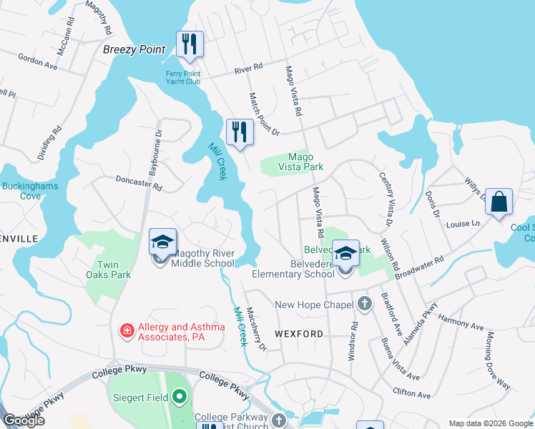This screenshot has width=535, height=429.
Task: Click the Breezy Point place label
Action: [134, 49]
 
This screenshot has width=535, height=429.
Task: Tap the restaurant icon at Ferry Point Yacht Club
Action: [190, 44]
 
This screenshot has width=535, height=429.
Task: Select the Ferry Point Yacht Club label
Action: [182, 77]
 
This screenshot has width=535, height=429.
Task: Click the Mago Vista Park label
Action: [305, 162]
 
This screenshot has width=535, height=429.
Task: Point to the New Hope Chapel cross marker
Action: [365, 305]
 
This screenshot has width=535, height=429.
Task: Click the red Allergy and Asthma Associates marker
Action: [127, 330]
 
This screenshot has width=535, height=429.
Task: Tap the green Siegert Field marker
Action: [179, 396]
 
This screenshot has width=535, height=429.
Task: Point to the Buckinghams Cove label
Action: [21, 191]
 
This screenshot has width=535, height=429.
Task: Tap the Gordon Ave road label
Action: [37, 61]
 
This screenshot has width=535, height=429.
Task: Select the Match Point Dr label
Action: [263, 114]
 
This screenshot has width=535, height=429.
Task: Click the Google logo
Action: [23, 420]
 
